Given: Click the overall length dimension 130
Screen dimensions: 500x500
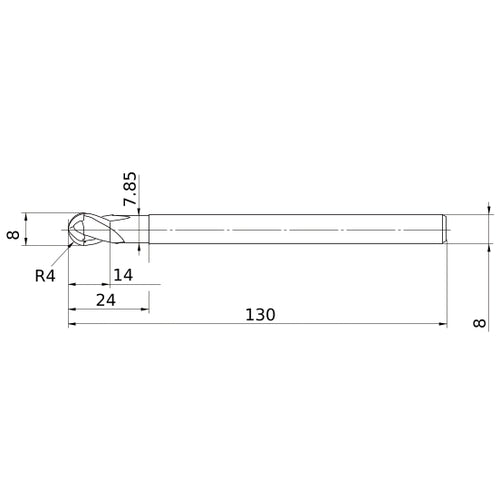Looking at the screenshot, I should [x=259, y=314].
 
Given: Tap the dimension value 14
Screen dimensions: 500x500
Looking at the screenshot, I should [x=123, y=273].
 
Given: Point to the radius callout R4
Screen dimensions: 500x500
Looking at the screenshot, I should [x=46, y=276].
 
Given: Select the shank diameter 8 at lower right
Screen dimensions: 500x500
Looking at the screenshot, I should [x=481, y=323].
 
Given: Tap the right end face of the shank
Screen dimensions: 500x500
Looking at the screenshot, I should [x=446, y=229].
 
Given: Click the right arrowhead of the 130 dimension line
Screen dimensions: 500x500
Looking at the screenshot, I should [x=441, y=325].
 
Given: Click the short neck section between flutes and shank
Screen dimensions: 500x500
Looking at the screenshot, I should [x=140, y=229].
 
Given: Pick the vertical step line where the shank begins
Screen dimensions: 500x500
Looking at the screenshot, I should [x=149, y=229].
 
